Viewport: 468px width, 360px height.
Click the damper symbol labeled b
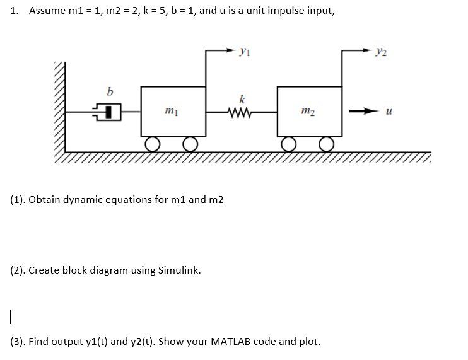click(x=109, y=113)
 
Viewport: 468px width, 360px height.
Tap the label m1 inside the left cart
click(x=169, y=112)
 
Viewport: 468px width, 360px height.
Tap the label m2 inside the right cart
click(x=307, y=112)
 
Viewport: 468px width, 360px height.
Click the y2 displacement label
click(x=381, y=50)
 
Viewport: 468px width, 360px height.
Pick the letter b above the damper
click(x=110, y=92)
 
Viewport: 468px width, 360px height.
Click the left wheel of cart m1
click(x=151, y=144)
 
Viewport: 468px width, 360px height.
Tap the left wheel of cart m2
click(x=289, y=144)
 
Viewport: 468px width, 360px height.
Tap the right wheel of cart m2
click(x=327, y=144)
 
